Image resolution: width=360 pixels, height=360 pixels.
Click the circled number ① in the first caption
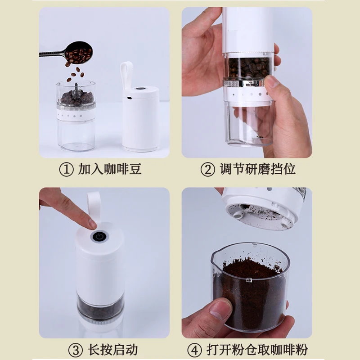pos(66,170)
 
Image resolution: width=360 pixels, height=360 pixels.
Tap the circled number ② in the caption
pos(208,170)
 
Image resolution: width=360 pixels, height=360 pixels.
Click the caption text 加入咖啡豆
pos(110,169)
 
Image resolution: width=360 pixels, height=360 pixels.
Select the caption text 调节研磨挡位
pos(257,169)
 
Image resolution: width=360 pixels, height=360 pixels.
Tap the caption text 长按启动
pos(113,350)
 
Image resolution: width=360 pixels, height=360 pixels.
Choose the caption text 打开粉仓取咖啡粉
pos(257,350)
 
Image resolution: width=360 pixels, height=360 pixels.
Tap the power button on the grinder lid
pos(99,237)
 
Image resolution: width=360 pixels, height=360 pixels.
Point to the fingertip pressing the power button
pos(92,223)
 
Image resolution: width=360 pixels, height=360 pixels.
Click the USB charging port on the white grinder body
pos(130,98)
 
